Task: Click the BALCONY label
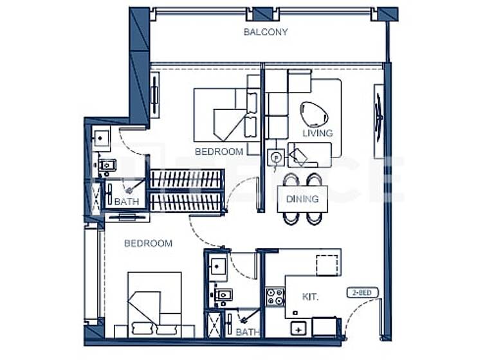266,32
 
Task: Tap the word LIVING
318,133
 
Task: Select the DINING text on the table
302,199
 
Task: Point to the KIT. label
311,296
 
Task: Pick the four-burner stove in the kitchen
275,296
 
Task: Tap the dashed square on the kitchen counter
327,265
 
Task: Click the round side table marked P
275,156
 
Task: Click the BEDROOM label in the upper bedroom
219,152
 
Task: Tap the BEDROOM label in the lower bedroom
148,244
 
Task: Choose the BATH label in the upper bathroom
126,202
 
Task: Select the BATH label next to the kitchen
247,332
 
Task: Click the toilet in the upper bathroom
107,166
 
